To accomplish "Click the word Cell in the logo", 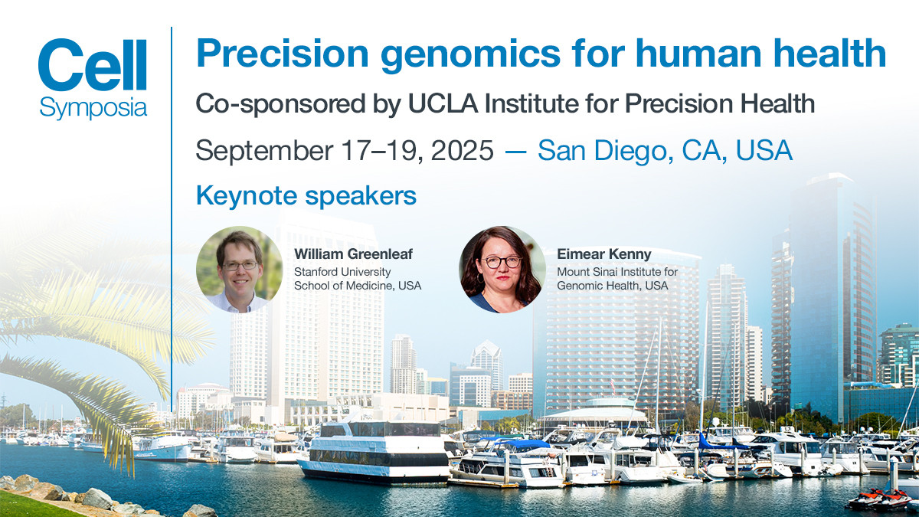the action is point(93,65).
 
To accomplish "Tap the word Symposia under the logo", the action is point(93,108).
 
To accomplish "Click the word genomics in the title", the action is point(470,55).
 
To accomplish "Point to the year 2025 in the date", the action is point(462,150).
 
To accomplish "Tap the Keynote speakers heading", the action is point(306,196).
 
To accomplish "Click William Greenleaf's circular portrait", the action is point(239,269).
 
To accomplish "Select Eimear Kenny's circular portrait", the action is point(502,269).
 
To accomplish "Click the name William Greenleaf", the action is point(353,254).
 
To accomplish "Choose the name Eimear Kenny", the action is point(604,254).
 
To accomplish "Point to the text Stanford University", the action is point(342,272).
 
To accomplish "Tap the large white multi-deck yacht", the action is point(374,451).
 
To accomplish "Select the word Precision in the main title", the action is point(283,54).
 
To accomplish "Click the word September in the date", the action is point(264,151).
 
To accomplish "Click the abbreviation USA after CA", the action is point(764,150).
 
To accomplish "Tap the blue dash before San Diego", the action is point(515,151).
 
